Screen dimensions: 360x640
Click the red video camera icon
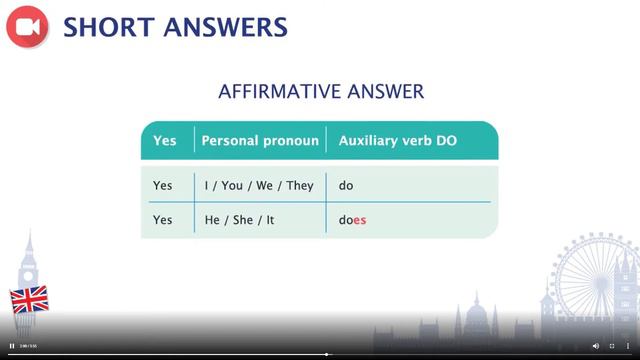click(27, 27)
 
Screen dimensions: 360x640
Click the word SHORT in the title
click(107, 27)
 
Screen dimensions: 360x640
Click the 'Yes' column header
click(164, 141)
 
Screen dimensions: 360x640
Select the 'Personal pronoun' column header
click(260, 141)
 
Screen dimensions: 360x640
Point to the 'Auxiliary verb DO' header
click(397, 141)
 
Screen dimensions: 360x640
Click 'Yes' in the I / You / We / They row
click(163, 186)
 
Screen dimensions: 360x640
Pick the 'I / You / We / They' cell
click(258, 186)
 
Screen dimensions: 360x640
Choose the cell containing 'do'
click(346, 186)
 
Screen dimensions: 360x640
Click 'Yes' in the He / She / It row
click(163, 220)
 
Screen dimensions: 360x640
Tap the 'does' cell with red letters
click(352, 220)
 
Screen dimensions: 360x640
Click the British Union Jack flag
click(28, 299)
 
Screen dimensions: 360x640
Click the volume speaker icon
click(596, 346)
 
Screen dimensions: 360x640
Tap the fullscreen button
click(612, 346)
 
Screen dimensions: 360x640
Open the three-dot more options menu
click(628, 346)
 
